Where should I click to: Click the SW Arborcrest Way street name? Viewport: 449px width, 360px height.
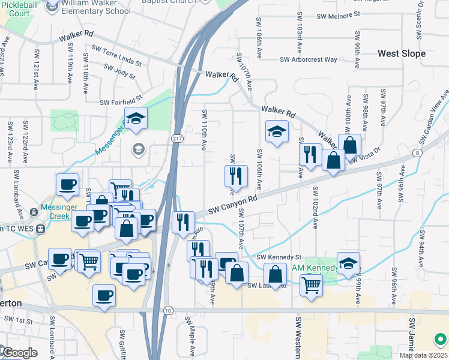pyautogui.click(x=310, y=59)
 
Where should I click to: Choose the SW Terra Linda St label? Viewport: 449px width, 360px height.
pyautogui.click(x=116, y=55)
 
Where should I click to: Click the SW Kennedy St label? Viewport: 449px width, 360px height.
pyautogui.click(x=279, y=257)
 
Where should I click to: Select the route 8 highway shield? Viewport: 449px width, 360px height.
pyautogui.click(x=417, y=152)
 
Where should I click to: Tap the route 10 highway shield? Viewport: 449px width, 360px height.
pyautogui.click(x=167, y=310)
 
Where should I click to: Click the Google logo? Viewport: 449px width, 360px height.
pyautogui.click(x=19, y=353)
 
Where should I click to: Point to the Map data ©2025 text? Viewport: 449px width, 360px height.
pyautogui.click(x=423, y=355)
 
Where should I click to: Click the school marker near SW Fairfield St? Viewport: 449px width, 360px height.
pyautogui.click(x=136, y=119)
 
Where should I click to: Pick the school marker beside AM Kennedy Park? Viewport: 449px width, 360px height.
pyautogui.click(x=348, y=263)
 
